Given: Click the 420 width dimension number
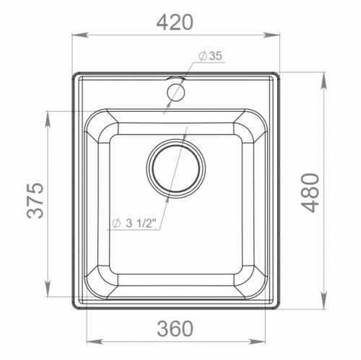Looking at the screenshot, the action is [x=175, y=22].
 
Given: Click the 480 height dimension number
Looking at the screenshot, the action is [x=310, y=193].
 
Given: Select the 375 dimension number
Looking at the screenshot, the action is [x=35, y=201].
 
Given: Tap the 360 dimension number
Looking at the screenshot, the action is [x=175, y=328].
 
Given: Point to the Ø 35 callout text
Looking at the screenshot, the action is [x=210, y=56].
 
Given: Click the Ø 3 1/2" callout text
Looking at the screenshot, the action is [x=134, y=224].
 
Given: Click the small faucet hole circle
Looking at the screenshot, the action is [x=176, y=92].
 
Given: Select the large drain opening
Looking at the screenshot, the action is [x=176, y=168].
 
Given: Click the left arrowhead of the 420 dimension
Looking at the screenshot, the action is [x=80, y=35].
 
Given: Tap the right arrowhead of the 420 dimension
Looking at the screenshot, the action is [x=272, y=35].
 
